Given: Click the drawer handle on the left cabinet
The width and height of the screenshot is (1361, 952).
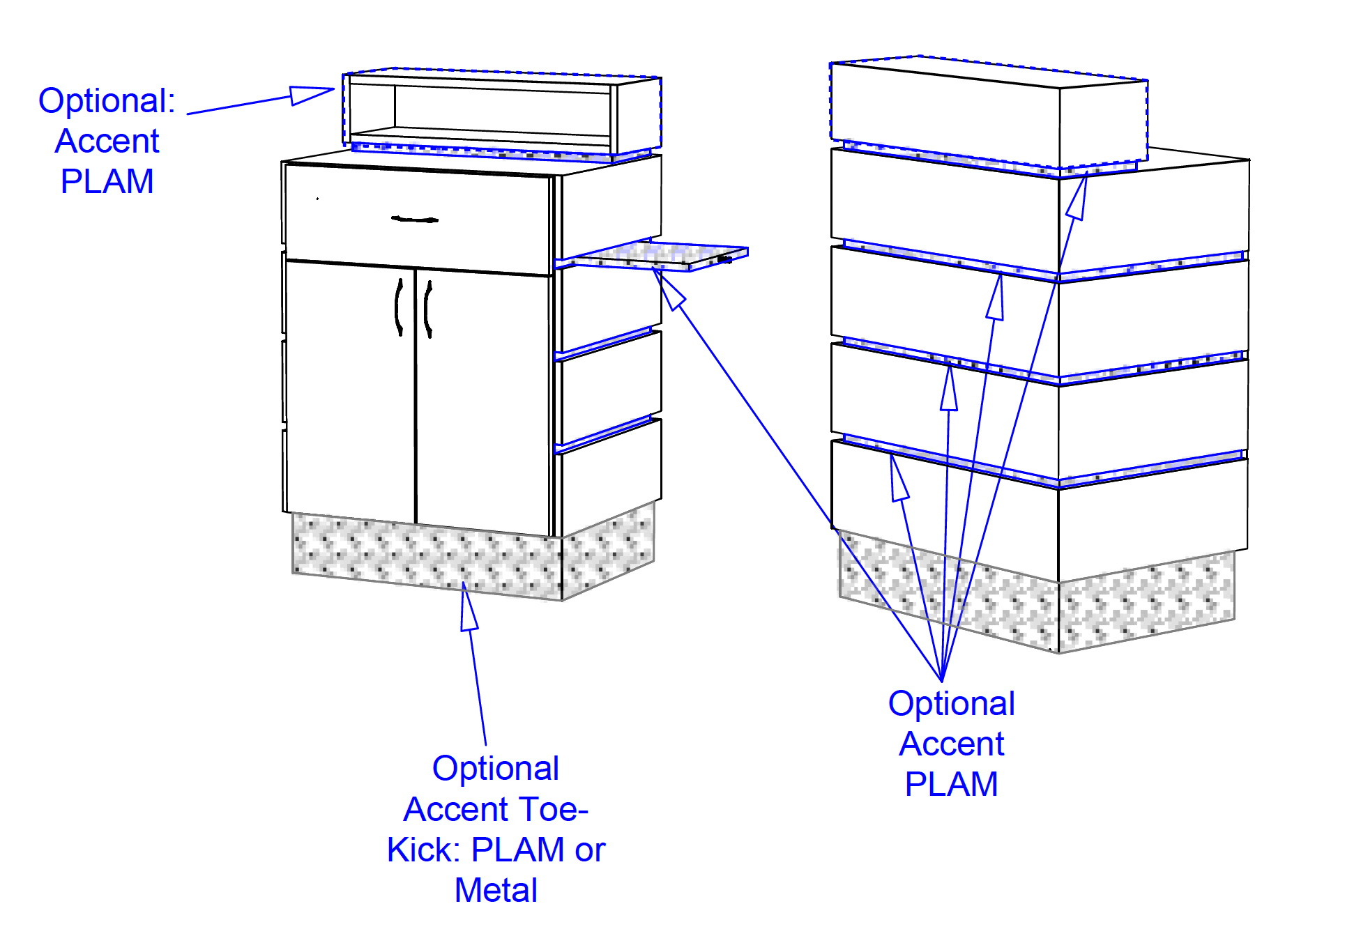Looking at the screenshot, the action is point(415,220).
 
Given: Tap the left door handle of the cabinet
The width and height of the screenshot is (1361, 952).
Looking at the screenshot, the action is point(399,307).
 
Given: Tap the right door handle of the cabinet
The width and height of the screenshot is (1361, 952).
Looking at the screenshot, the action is point(428,309).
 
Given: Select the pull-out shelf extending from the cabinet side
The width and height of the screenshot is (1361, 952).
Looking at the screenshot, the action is point(652,256).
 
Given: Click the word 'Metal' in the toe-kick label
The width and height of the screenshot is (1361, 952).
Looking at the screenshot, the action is point(496,890).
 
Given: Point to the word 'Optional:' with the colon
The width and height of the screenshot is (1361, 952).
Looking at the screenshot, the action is point(107,102).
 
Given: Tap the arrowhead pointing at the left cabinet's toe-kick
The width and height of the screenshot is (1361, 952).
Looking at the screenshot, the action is point(468,606).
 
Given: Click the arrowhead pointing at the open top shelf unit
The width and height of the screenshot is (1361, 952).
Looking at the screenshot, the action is point(312,94).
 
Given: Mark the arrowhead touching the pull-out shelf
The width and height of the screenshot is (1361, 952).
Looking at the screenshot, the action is point(668,289).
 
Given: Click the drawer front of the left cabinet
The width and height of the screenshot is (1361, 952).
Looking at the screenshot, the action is point(418,220).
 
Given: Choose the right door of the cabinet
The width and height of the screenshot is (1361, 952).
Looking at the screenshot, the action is point(483,403).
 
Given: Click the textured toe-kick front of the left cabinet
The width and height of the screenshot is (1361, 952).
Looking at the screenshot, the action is point(427,555).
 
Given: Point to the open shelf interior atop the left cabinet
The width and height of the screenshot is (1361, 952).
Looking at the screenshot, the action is point(502,110).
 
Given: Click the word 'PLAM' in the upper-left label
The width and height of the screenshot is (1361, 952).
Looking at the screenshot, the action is point(107,181).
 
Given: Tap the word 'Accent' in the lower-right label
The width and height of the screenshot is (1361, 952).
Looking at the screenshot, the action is point(951,744).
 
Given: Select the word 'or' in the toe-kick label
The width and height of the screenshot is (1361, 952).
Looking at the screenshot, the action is point(590,851).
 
